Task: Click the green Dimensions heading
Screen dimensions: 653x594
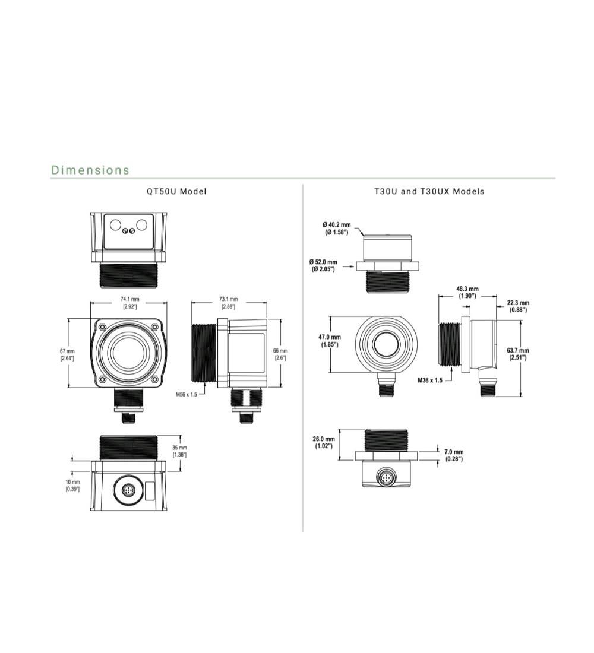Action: pos(90,170)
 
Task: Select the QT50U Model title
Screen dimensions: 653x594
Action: pos(177,192)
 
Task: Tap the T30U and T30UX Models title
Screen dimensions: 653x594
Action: pos(429,192)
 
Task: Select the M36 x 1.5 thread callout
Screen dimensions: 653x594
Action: pos(430,381)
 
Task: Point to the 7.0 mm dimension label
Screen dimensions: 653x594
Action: pos(454,455)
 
